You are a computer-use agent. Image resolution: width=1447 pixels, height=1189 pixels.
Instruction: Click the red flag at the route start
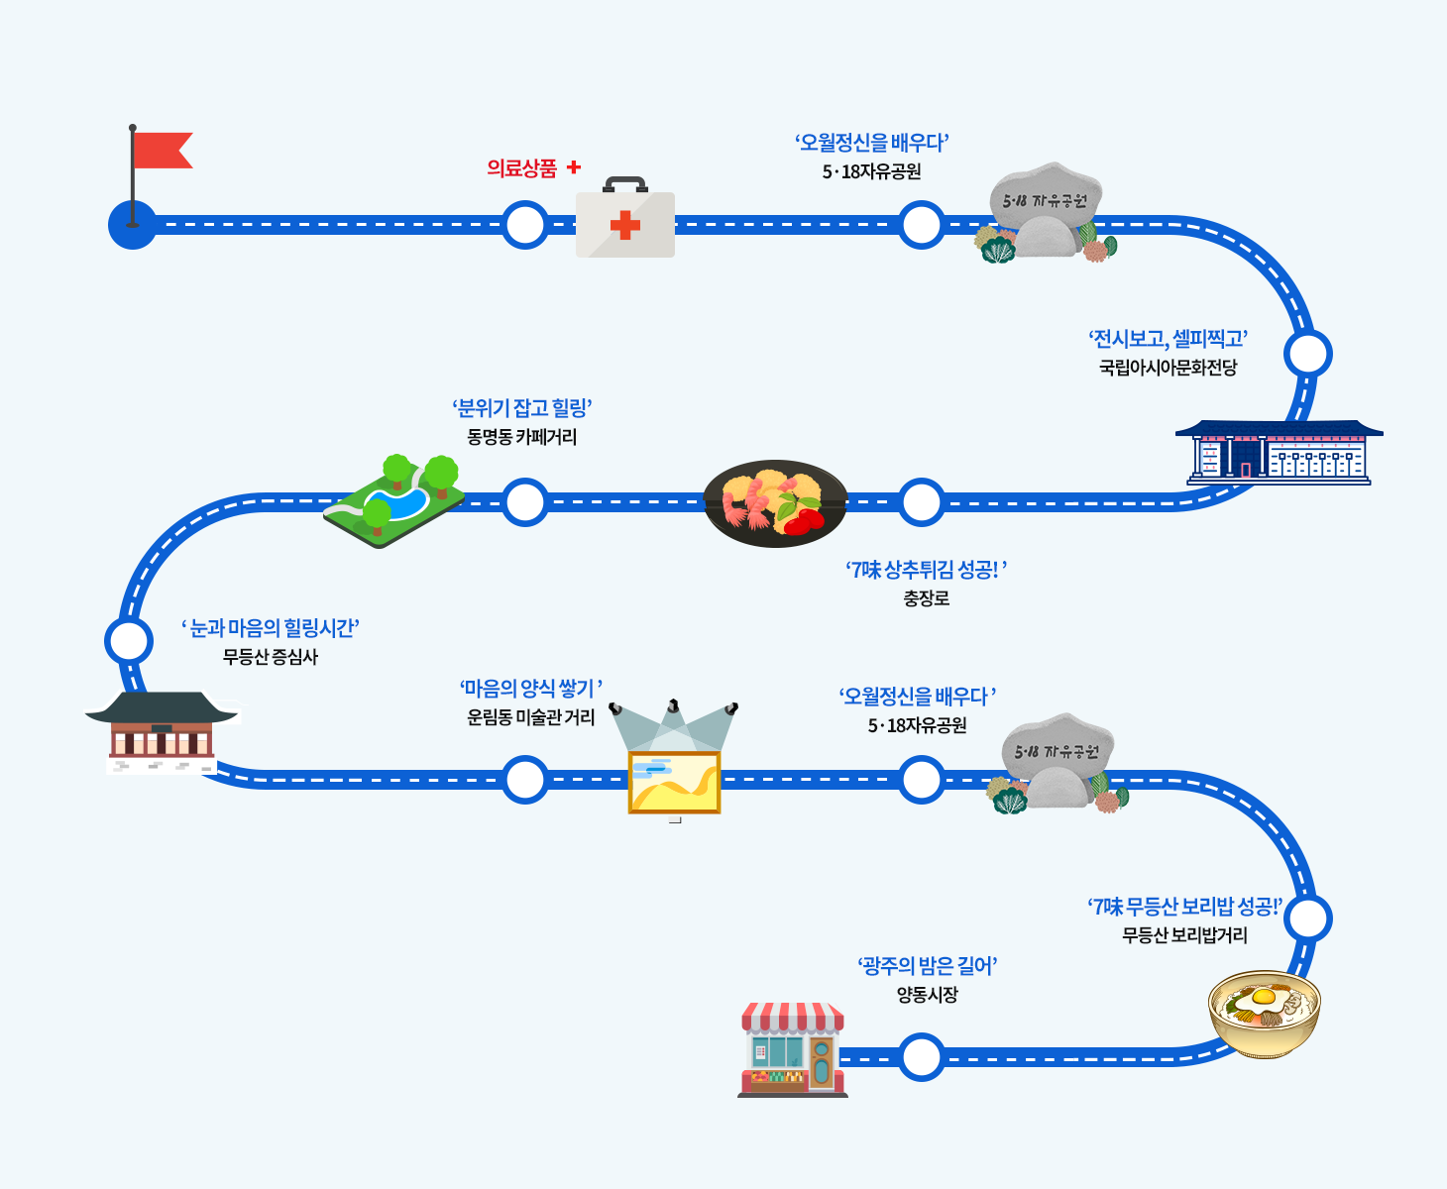click(x=161, y=151)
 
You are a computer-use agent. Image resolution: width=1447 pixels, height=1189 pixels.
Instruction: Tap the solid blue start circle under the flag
click(x=132, y=225)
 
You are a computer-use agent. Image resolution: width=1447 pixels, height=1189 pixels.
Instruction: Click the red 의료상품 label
click(x=522, y=168)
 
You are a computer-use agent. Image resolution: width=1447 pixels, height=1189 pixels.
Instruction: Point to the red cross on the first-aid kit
click(x=624, y=226)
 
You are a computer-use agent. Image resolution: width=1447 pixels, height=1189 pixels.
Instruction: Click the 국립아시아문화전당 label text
click(x=1168, y=368)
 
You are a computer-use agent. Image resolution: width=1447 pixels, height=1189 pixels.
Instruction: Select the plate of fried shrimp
click(x=775, y=502)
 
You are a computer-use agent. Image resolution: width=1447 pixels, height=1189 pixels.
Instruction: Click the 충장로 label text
click(x=926, y=598)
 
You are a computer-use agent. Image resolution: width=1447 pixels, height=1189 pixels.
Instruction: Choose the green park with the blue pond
click(x=394, y=499)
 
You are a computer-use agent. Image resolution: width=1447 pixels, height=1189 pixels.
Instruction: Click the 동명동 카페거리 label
click(x=522, y=437)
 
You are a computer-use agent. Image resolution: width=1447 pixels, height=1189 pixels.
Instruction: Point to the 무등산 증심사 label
click(x=270, y=657)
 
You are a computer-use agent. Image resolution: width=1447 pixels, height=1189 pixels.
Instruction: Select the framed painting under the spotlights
click(x=674, y=782)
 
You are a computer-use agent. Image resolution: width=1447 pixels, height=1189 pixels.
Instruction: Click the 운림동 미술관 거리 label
click(x=530, y=717)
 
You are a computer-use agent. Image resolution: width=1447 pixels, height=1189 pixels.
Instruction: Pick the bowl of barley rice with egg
click(x=1265, y=1013)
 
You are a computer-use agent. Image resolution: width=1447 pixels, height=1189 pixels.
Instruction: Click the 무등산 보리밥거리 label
click(x=1184, y=935)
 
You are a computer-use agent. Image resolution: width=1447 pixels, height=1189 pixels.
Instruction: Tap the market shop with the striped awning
click(x=792, y=1050)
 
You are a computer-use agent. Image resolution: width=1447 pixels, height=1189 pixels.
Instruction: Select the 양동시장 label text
click(x=927, y=995)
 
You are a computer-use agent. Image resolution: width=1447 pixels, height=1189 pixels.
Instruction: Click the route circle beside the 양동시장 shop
click(x=922, y=1057)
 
